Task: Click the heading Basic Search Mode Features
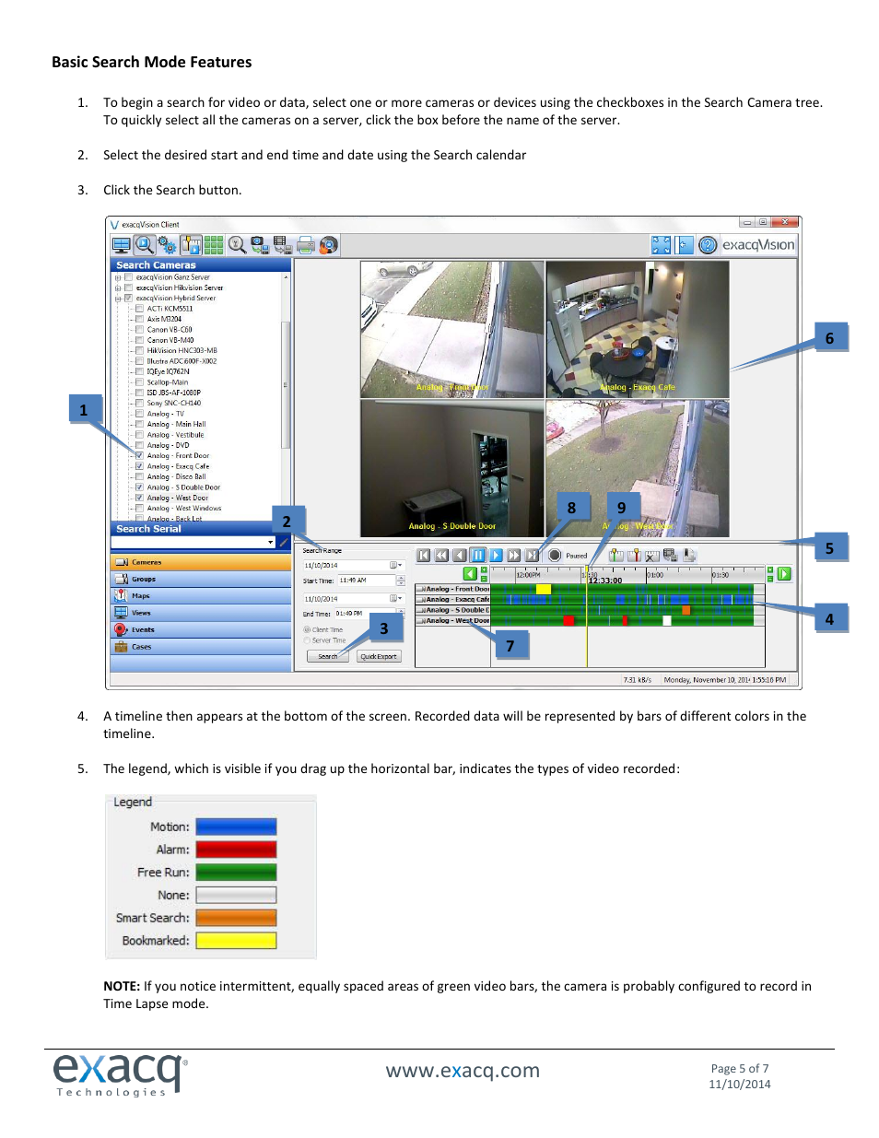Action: (151, 63)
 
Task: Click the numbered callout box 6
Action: (829, 338)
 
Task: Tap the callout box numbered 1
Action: (84, 410)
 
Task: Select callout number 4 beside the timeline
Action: (829, 619)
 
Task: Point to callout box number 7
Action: (510, 646)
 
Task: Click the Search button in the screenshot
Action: (327, 657)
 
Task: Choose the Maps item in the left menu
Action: (140, 596)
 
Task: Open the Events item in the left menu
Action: (142, 630)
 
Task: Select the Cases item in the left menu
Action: (141, 647)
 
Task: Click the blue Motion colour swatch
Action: (236, 827)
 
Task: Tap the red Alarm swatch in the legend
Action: (236, 850)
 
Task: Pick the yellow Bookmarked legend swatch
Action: (236, 941)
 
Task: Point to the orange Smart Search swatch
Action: (236, 918)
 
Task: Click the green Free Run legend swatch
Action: (236, 873)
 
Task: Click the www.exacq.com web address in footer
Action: (463, 1071)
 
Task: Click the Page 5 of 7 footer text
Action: (739, 1069)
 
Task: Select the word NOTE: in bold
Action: (122, 986)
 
